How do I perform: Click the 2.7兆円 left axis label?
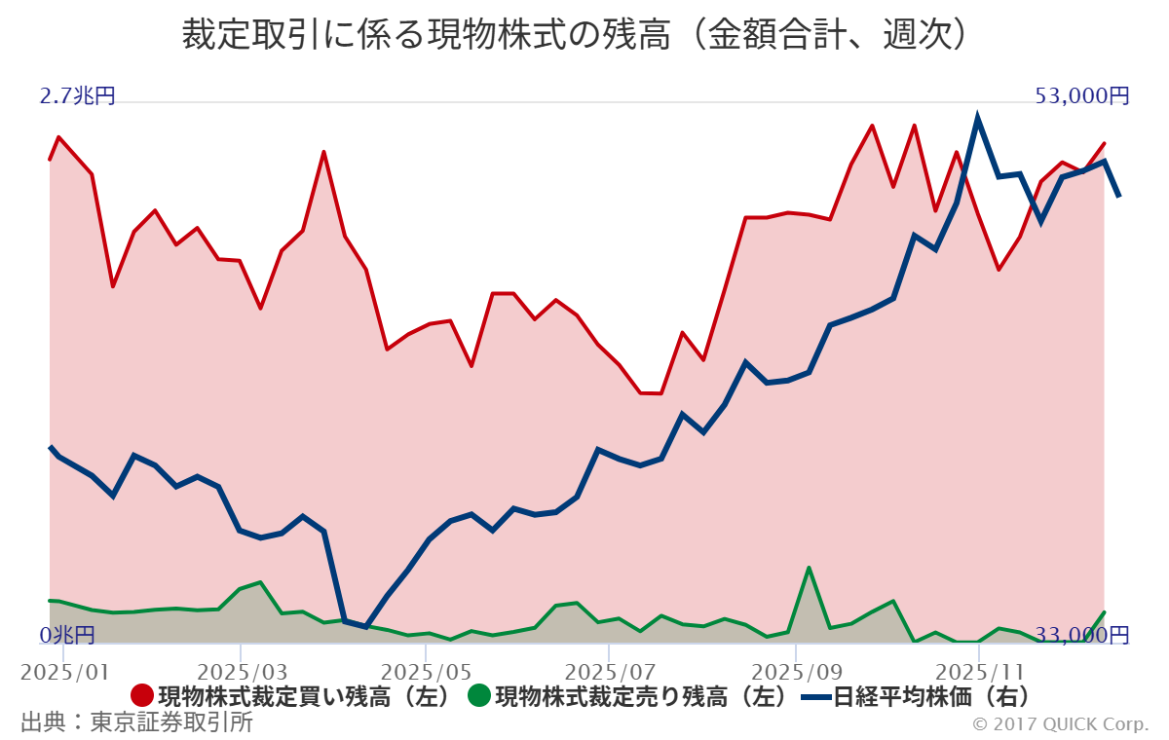(x=77, y=96)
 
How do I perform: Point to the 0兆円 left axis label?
(x=67, y=636)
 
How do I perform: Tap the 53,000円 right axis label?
(x=1082, y=96)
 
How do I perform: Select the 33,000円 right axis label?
(x=1082, y=636)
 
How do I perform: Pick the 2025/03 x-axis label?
(x=241, y=673)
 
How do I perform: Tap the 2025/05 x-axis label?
(x=426, y=673)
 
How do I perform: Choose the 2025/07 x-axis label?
(x=610, y=673)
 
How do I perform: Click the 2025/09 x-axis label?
(x=795, y=673)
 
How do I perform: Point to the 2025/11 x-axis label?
(x=979, y=673)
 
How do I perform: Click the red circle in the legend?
(x=142, y=696)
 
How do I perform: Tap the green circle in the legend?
(x=478, y=696)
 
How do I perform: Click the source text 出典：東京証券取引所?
(x=136, y=722)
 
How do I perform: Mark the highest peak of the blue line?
(x=977, y=118)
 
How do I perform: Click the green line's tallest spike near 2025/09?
(x=809, y=568)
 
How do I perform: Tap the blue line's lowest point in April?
(x=365, y=627)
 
